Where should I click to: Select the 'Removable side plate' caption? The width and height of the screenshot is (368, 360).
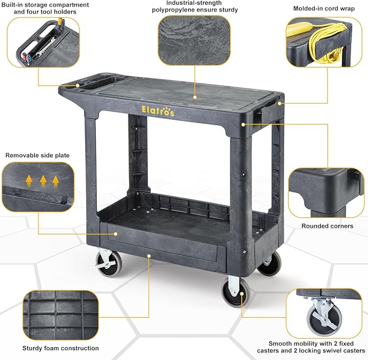[37, 156]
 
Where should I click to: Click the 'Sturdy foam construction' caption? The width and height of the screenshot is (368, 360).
[61, 348]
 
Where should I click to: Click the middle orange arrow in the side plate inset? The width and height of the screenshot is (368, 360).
[43, 179]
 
